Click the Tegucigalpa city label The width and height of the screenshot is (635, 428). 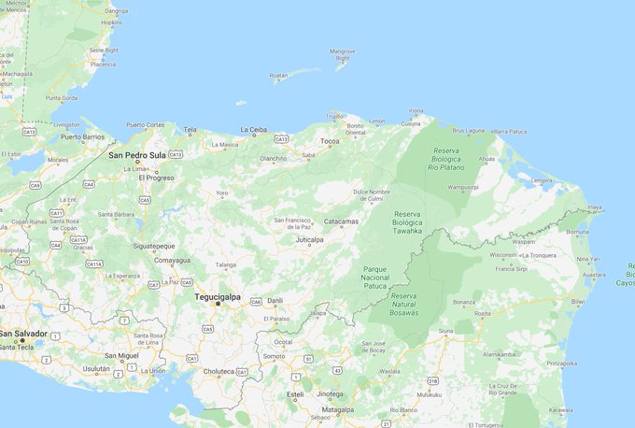click(217, 297)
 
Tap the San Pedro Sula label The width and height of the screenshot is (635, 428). click(137, 155)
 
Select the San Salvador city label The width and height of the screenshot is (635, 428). click(22, 334)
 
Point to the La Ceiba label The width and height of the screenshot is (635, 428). click(254, 130)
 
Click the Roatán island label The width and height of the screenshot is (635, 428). click(278, 76)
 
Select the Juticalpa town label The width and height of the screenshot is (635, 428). click(309, 239)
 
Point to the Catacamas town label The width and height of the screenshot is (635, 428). click(341, 221)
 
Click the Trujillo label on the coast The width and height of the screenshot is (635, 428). click(334, 115)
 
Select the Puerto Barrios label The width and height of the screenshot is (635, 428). click(82, 136)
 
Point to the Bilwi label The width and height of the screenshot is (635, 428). click(578, 302)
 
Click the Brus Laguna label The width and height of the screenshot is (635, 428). click(469, 131)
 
